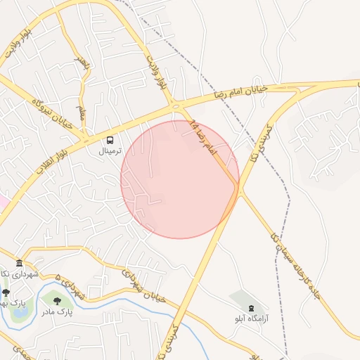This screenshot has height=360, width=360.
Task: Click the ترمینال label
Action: tap(109, 151)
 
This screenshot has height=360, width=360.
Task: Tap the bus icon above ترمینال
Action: tap(109, 140)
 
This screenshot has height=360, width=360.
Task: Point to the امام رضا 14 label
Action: tap(204, 138)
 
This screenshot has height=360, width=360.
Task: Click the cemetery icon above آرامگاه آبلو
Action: tap(252, 307)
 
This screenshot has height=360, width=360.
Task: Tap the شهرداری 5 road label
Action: tap(70, 286)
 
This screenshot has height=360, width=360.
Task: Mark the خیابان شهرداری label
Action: tap(144, 285)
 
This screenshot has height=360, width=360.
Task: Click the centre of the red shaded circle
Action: tap(180, 180)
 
